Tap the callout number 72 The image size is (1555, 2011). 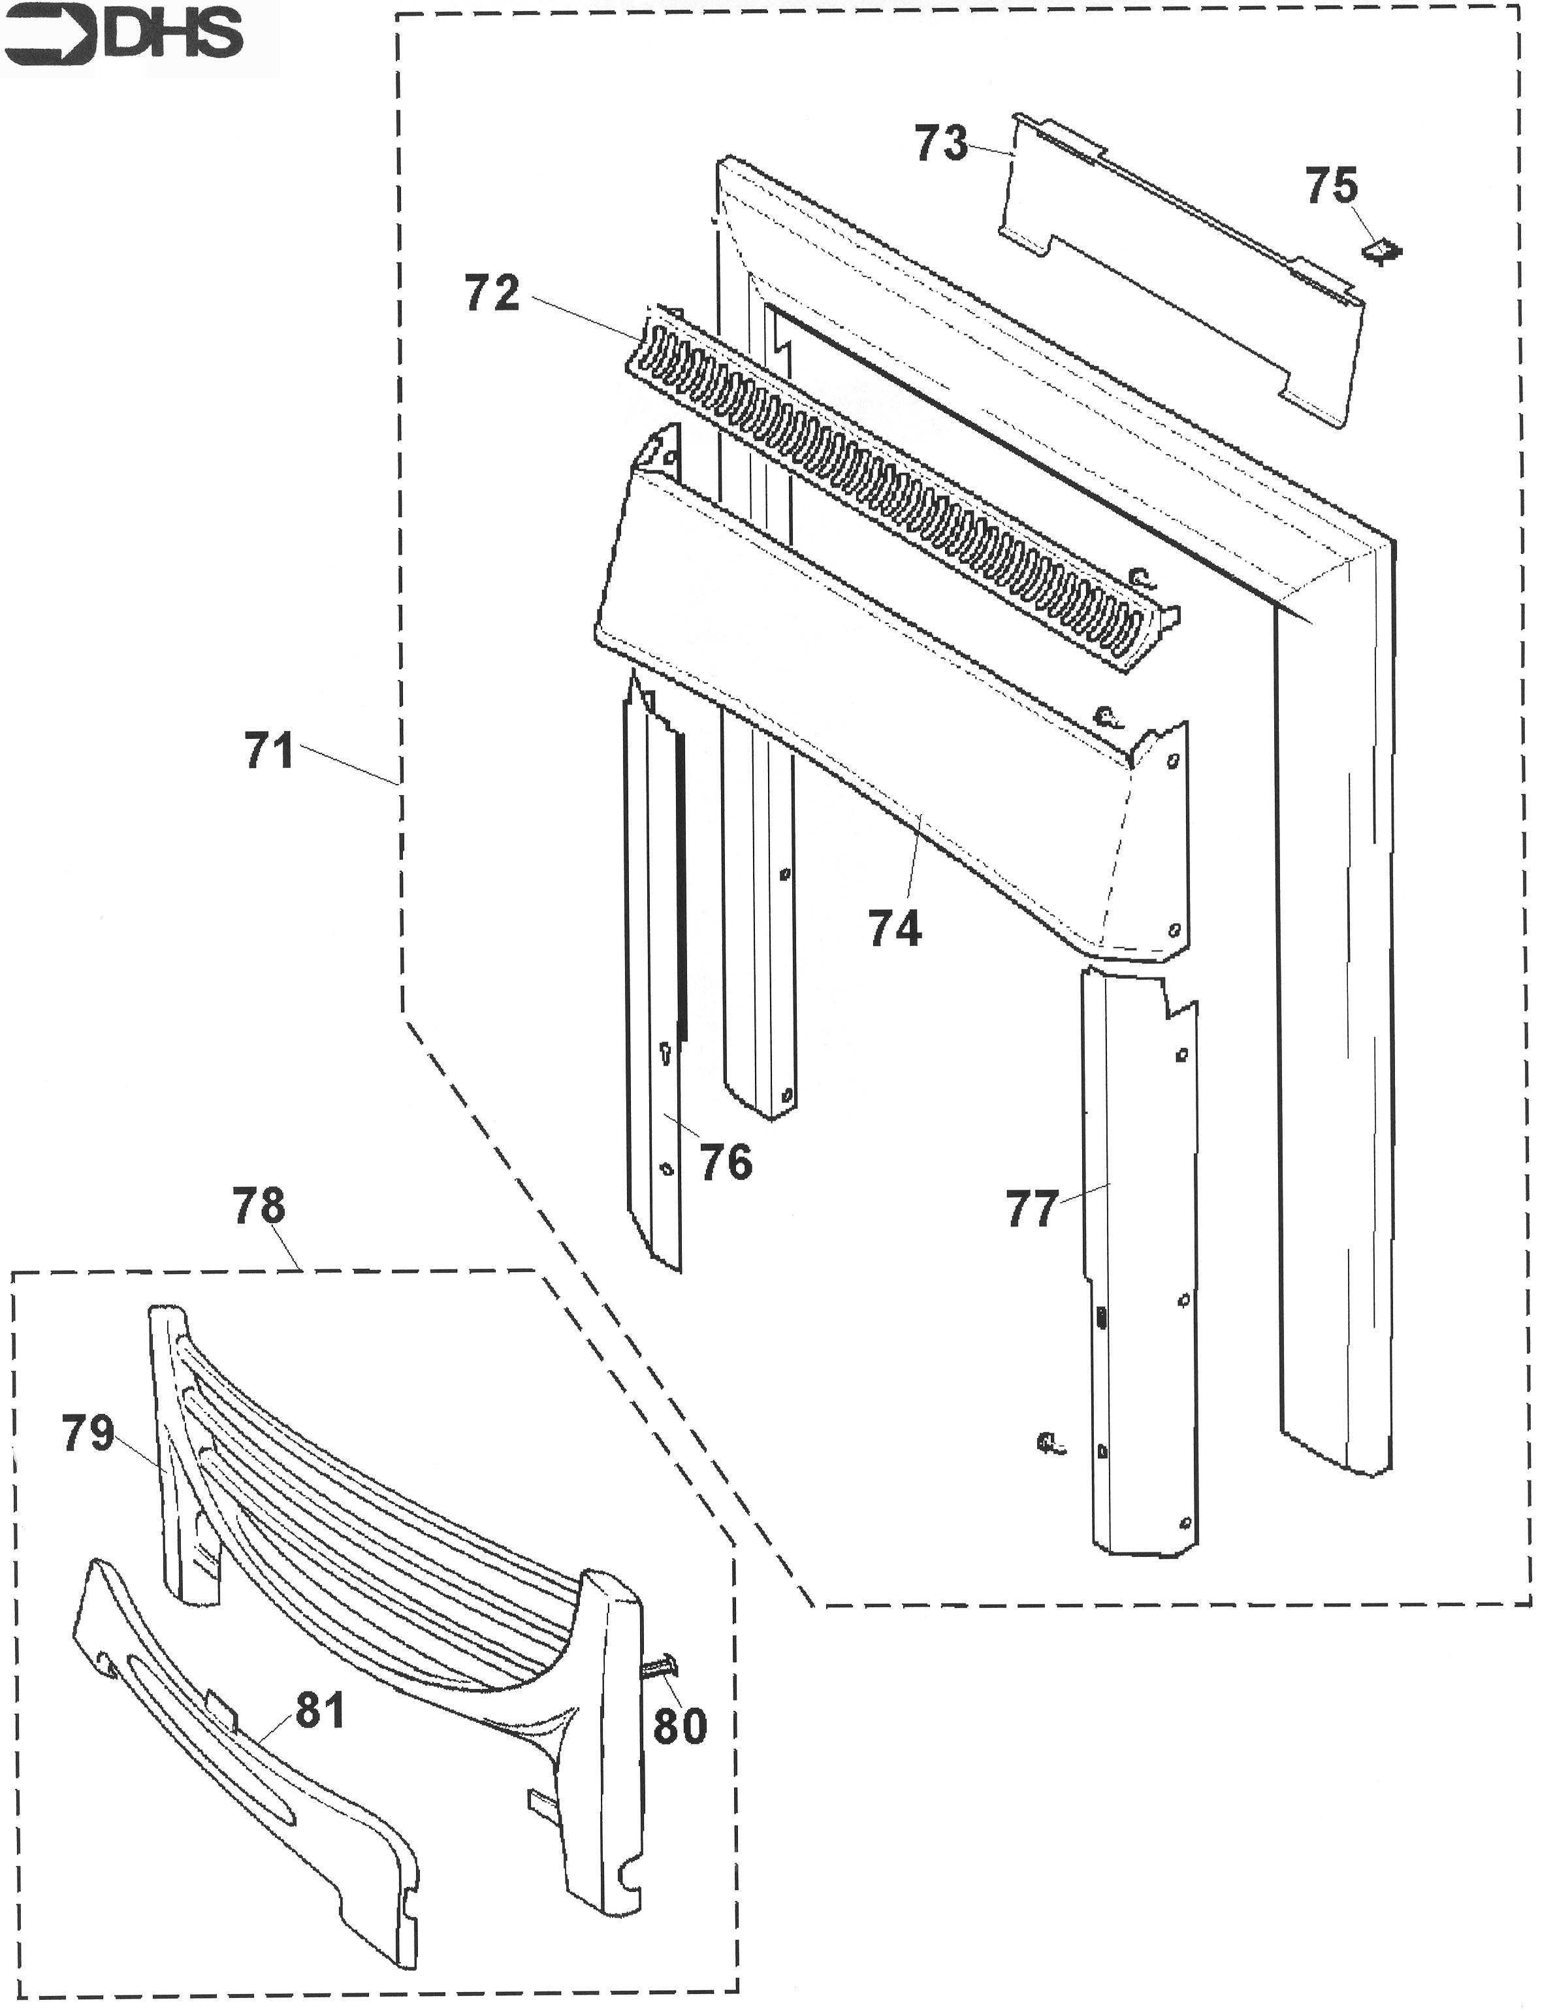(x=492, y=294)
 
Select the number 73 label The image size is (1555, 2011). (x=941, y=144)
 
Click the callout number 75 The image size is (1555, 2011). (x=1331, y=186)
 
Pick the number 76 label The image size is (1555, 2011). (x=726, y=1162)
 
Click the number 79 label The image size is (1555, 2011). (x=88, y=1433)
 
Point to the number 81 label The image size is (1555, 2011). (x=319, y=1711)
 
